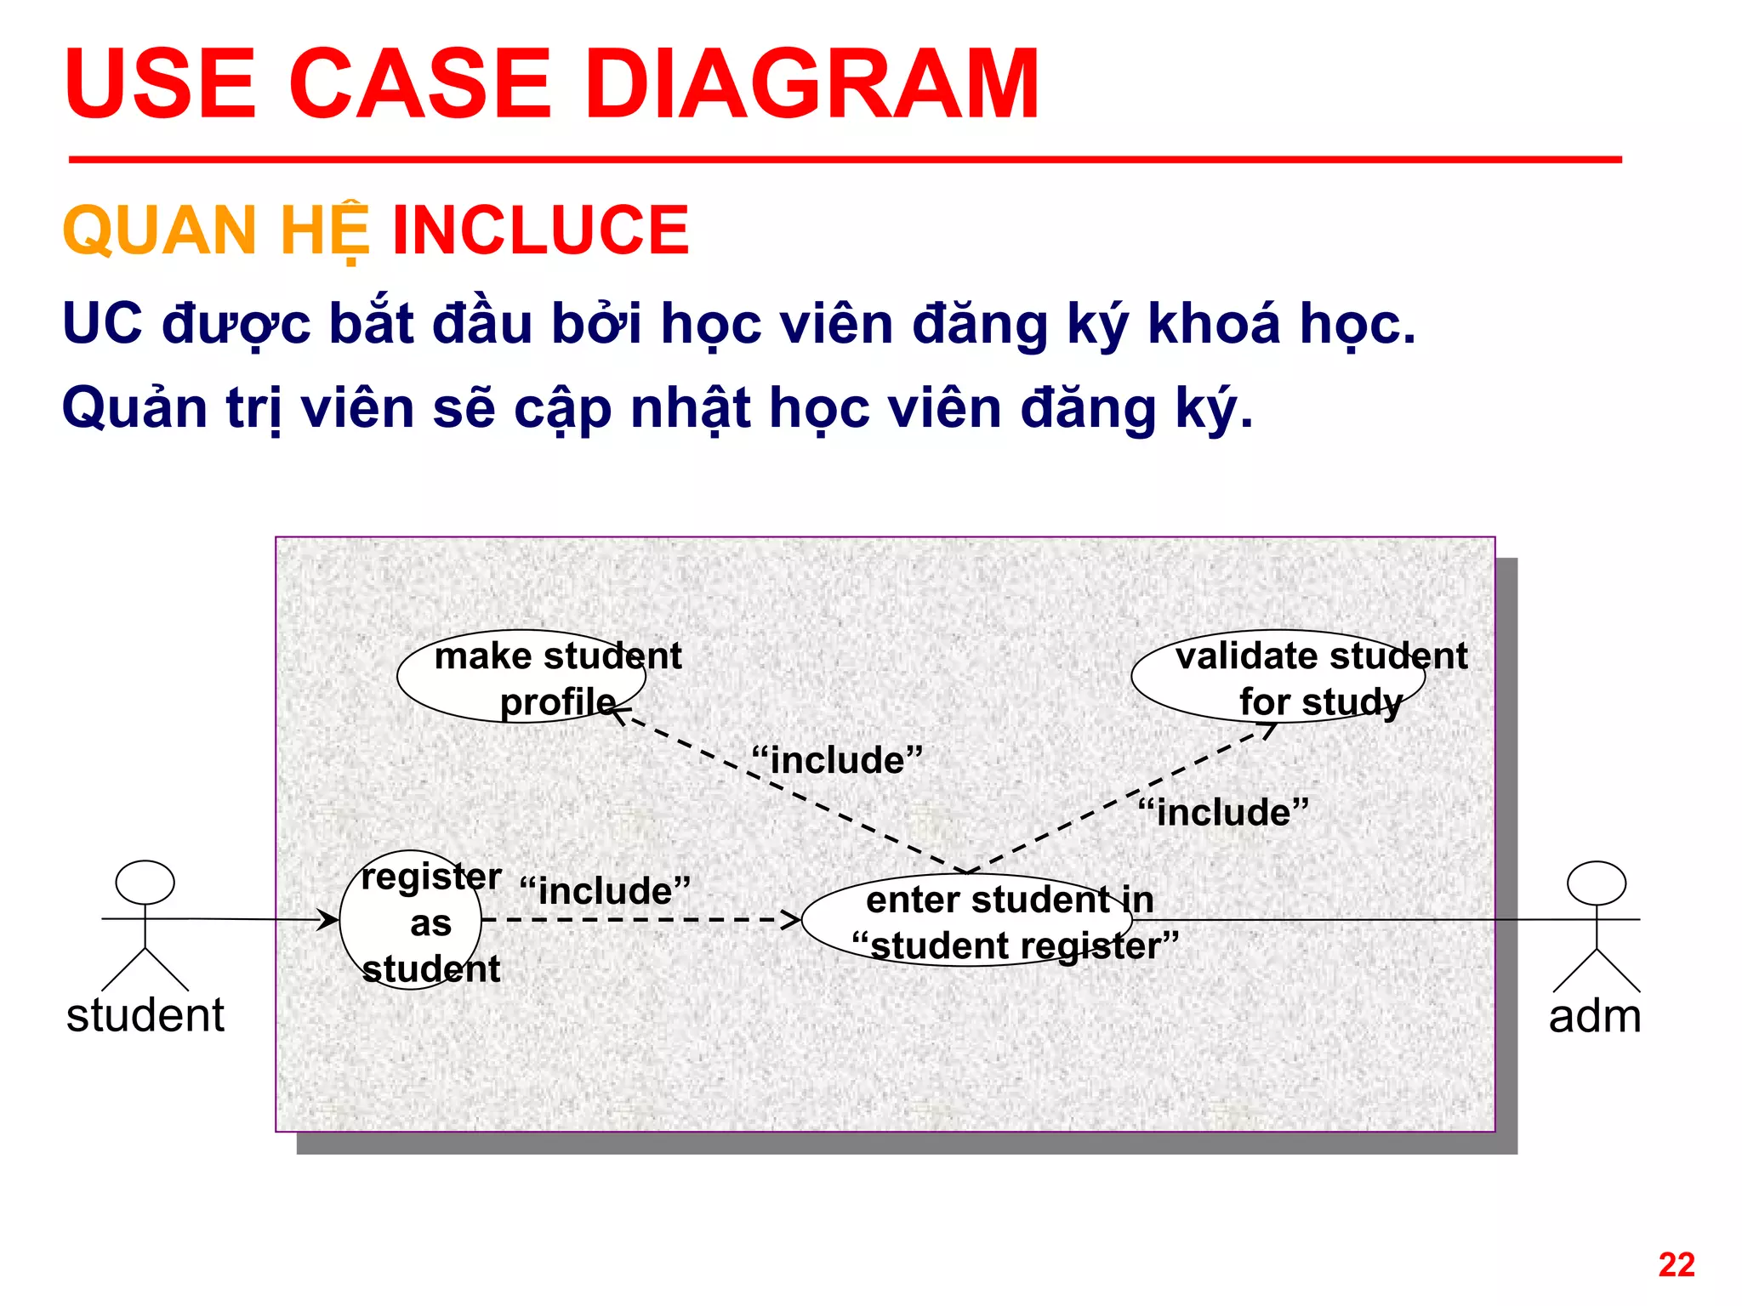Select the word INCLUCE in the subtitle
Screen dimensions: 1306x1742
tap(540, 230)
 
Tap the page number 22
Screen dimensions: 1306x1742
tap(1676, 1264)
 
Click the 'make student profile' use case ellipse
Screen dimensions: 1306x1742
tap(521, 677)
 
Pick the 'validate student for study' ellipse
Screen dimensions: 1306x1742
tap(1278, 677)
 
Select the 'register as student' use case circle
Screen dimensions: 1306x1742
tap(410, 921)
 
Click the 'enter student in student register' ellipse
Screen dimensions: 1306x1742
tap(966, 921)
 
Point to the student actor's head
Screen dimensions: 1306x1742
tap(145, 882)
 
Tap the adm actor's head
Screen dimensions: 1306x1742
tap(1596, 883)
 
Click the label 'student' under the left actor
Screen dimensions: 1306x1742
tap(145, 1015)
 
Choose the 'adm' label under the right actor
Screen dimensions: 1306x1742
tap(1595, 1016)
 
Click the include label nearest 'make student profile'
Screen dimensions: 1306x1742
tap(837, 760)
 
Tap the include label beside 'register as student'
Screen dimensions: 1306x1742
tap(605, 891)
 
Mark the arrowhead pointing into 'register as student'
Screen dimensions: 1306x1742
tap(329, 919)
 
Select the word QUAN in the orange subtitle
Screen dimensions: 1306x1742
tap(160, 230)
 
